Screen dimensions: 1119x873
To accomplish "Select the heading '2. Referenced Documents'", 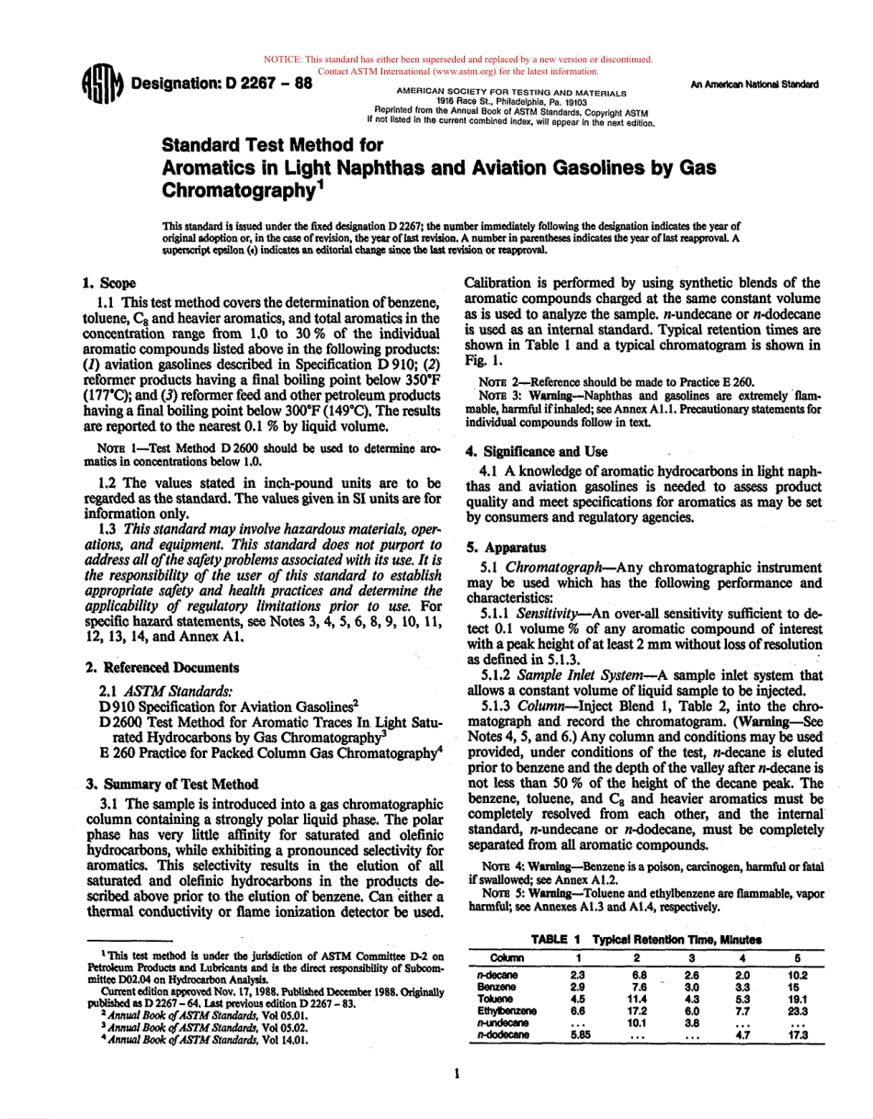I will point(162,668).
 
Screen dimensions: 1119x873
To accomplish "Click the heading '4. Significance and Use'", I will point(537,451).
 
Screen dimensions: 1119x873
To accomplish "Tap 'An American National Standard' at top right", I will point(754,85).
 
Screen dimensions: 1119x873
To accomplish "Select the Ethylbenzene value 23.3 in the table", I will point(797,1011).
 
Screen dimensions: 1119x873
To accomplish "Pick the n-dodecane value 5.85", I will point(579,1034).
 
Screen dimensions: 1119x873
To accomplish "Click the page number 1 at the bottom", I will point(457,1072).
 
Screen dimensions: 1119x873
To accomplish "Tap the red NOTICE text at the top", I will point(457,60).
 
